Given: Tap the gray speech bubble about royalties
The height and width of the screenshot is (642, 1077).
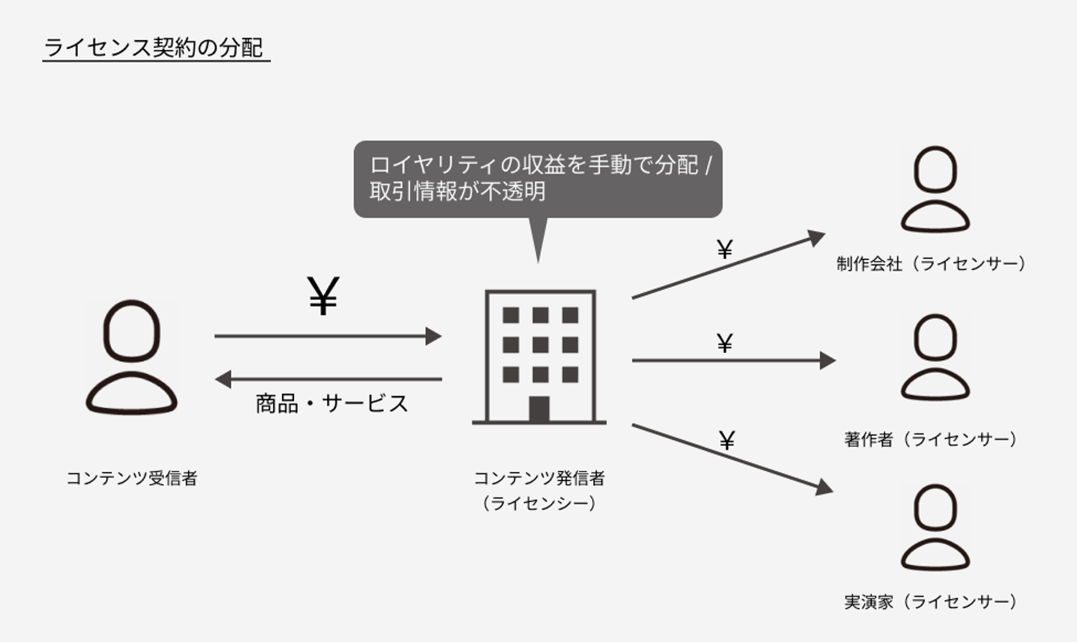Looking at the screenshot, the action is (x=537, y=178).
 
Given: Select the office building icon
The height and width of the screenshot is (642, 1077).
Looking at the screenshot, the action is (x=540, y=357).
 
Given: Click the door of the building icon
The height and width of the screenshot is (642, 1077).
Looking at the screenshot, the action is (x=539, y=409).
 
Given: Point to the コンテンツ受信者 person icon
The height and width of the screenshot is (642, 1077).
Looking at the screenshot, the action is (x=131, y=356).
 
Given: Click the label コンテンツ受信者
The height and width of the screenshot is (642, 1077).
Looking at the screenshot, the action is (x=131, y=478).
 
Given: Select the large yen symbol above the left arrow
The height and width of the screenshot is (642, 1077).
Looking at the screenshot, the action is (x=323, y=296).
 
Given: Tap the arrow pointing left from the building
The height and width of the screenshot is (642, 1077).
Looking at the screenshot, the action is (x=328, y=379).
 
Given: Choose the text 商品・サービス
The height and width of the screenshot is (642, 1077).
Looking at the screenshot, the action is (x=331, y=403).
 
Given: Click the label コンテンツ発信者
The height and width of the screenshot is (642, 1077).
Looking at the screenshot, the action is (x=539, y=478).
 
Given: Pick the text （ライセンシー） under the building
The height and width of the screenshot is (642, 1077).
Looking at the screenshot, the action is (x=539, y=503).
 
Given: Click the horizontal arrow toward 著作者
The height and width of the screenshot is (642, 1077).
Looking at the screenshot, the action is (x=733, y=360).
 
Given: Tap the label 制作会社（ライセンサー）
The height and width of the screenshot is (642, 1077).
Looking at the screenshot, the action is (x=931, y=264).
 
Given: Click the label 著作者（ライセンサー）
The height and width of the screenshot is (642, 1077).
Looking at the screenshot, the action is (x=931, y=439).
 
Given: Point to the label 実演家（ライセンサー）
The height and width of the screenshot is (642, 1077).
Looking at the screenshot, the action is (x=931, y=602).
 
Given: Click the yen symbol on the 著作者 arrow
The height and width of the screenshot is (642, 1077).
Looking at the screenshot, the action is (x=725, y=343).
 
